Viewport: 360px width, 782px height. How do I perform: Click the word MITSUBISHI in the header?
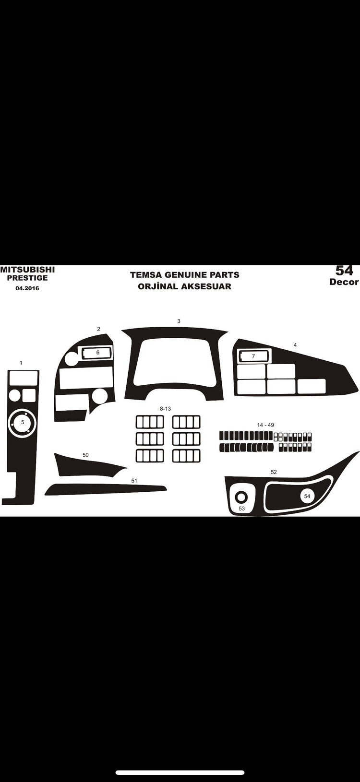(x=27, y=270)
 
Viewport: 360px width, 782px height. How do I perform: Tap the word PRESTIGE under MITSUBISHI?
(x=27, y=278)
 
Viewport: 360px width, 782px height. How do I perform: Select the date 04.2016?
(x=27, y=288)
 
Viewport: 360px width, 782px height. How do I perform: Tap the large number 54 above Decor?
(x=344, y=271)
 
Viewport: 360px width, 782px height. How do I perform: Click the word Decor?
(x=344, y=282)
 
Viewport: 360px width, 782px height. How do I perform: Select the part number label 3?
(x=179, y=321)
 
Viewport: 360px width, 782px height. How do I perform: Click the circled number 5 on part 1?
(x=23, y=422)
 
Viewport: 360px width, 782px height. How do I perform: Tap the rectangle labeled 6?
(x=97, y=353)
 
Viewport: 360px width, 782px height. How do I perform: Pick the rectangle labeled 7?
(x=254, y=356)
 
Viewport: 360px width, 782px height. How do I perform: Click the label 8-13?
(x=165, y=408)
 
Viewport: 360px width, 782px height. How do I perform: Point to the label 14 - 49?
(x=265, y=425)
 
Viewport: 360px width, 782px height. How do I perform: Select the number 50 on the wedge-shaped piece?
(x=85, y=455)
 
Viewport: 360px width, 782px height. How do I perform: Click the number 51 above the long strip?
(x=134, y=481)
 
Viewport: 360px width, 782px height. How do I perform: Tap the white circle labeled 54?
(x=307, y=496)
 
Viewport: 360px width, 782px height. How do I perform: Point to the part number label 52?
(x=274, y=472)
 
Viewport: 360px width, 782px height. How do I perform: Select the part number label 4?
(x=295, y=345)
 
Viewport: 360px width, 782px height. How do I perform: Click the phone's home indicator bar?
(x=180, y=772)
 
